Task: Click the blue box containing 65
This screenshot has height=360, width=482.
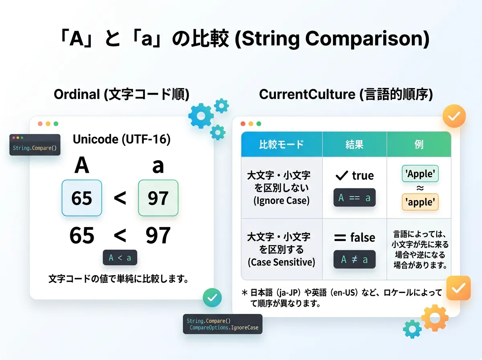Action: [x=82, y=198]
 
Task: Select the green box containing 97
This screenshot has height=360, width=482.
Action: [x=158, y=198]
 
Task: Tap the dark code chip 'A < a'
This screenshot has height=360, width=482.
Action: [x=120, y=258]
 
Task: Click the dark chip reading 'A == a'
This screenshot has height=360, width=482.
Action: [x=354, y=197]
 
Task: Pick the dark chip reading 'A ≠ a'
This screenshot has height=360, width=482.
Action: [x=354, y=259]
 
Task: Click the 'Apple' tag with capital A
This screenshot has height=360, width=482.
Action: [x=420, y=174]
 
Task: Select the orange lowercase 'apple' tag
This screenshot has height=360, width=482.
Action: [x=420, y=202]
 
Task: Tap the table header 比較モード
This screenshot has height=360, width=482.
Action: [x=282, y=144]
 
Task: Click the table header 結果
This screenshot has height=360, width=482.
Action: [x=354, y=144]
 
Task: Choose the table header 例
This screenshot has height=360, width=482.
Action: [x=419, y=144]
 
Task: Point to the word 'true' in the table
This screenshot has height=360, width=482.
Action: [x=363, y=176]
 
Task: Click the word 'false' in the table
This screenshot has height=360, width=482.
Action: [x=363, y=237]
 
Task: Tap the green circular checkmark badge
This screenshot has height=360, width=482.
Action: [x=212, y=298]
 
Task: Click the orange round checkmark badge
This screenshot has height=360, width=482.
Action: [x=454, y=116]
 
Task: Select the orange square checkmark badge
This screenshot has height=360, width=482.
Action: [x=459, y=288]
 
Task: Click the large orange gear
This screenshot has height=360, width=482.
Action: [x=435, y=318]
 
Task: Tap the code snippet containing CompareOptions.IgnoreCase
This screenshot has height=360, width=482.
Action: [x=223, y=324]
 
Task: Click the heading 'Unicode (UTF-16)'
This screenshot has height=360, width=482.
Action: [x=122, y=139]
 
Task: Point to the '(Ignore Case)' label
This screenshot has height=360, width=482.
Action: [x=282, y=200]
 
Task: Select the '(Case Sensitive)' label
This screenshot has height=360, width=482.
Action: [x=282, y=262]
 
